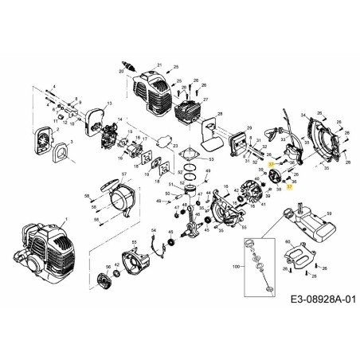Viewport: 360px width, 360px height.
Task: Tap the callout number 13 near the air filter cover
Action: click(108, 104)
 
